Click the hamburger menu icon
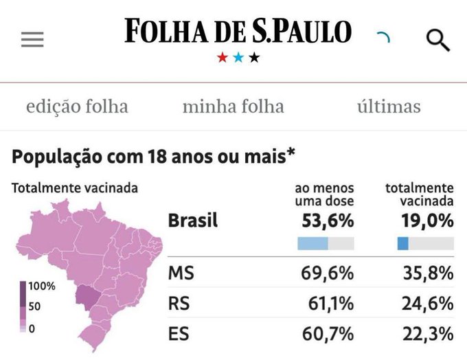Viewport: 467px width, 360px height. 32,40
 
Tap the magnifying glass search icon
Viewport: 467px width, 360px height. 437,41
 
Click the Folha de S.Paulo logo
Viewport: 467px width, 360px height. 238,31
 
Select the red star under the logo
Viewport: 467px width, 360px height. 223,58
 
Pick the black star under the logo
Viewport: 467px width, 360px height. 255,58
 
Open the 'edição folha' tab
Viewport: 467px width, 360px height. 77,106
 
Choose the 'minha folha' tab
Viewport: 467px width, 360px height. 233,106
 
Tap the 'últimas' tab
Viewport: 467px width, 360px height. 389,106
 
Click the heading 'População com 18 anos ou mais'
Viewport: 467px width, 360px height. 153,157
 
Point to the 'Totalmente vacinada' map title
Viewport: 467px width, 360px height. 75,188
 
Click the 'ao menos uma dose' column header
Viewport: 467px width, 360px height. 324,194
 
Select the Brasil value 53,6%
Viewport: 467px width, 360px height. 328,221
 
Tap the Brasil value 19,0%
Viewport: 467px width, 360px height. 426,221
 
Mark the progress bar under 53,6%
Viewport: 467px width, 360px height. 326,243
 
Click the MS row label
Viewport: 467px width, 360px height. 181,273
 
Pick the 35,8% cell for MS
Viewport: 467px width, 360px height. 426,273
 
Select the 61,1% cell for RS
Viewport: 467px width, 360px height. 328,304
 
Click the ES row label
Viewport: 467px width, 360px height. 179,334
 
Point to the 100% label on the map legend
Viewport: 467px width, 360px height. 41,286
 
